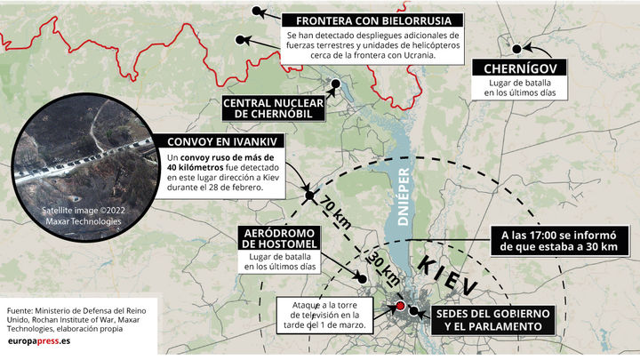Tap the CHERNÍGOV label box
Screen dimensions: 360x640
[521, 70]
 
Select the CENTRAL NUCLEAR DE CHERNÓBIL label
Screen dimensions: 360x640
[272, 108]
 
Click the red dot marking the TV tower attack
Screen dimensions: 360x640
[400, 307]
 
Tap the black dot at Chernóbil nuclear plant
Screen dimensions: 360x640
[336, 85]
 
